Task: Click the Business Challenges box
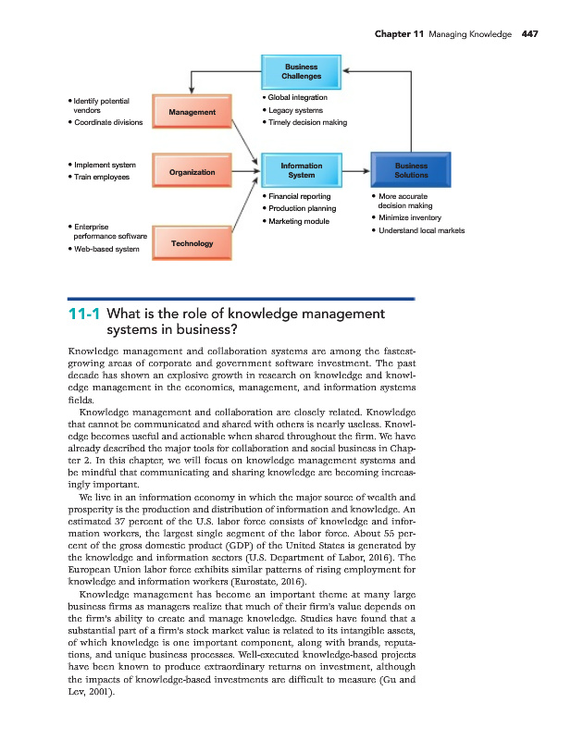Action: point(301,71)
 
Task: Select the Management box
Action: point(192,112)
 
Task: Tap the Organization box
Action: point(192,172)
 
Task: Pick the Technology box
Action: point(192,243)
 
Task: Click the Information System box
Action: point(301,170)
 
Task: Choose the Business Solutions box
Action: point(411,170)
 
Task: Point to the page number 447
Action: point(529,34)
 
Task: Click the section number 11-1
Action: point(85,314)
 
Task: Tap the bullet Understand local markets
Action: point(421,230)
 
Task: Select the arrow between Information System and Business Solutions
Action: point(355,171)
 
